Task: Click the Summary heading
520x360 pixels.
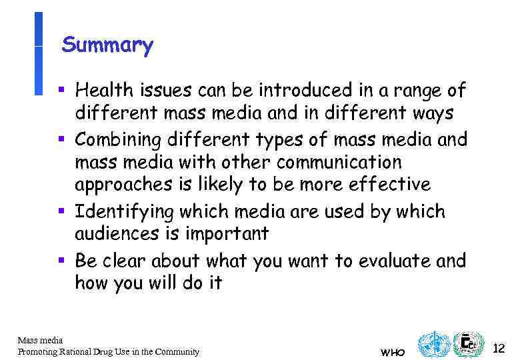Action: coord(107,45)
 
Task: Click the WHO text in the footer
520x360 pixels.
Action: coord(392,352)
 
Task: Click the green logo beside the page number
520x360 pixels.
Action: coord(468,345)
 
